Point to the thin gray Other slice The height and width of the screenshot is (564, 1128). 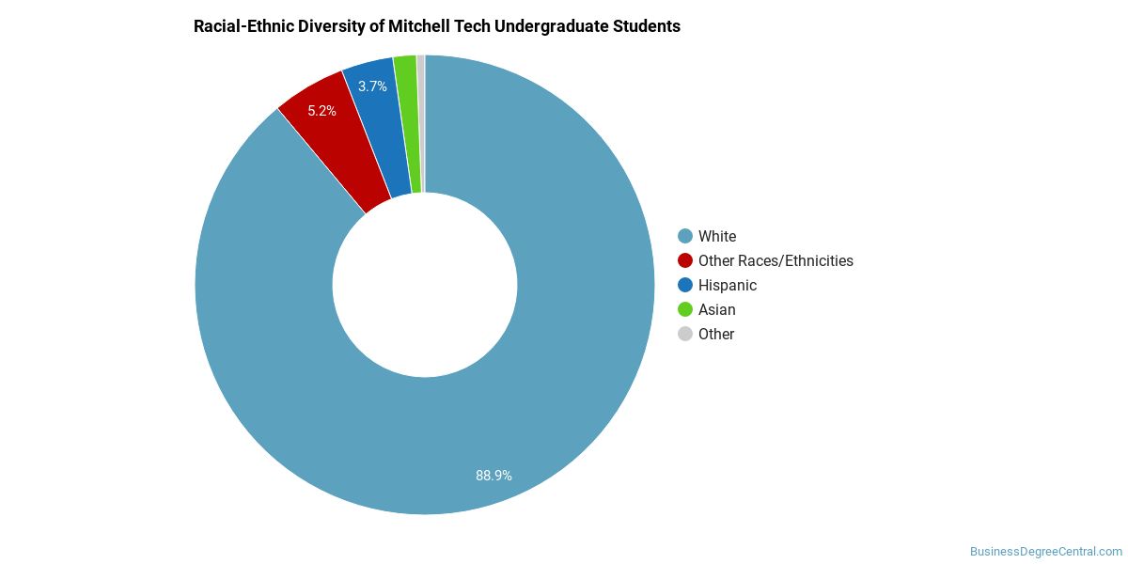421,123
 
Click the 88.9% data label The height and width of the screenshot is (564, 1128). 493,476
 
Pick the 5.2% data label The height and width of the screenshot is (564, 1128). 321,111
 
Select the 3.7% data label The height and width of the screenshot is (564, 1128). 372,86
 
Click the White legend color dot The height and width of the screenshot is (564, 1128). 685,236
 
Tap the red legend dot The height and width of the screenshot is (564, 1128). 685,260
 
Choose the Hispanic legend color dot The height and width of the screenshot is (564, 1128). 685,285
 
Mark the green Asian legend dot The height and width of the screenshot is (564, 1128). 685,309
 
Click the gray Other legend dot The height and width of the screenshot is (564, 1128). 685,334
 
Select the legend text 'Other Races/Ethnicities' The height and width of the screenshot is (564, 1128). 775,261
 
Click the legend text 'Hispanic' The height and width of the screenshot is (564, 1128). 728,286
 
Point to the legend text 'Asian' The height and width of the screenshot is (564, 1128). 716,309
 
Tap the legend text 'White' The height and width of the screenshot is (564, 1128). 717,236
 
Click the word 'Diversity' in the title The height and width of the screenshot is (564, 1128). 331,26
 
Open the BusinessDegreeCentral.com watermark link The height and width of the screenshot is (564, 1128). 1046,552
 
